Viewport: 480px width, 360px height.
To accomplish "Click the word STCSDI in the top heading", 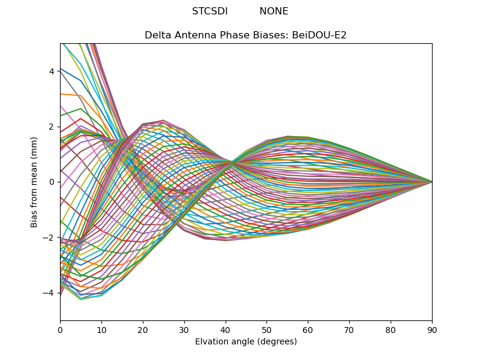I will coord(209,11).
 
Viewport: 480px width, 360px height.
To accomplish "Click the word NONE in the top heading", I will coord(274,11).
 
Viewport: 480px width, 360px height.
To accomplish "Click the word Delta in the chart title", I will coord(157,35).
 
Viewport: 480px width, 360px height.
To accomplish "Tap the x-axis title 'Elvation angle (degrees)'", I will coord(246,342).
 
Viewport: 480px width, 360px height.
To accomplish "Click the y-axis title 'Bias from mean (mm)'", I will coord(34,182).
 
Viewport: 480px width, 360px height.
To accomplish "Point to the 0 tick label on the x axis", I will coord(60,329).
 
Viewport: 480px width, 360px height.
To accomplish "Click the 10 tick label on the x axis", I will coord(101,329).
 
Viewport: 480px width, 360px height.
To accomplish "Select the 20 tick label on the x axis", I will coord(143,329).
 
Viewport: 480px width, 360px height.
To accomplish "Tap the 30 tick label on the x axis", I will coord(184,329).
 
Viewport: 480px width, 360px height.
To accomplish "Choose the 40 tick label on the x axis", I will coord(226,329).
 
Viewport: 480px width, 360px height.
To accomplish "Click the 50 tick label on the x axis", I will coord(266,329).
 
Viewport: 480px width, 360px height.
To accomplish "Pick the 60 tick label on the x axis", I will coord(308,329).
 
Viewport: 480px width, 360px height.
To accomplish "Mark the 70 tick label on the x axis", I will coord(349,329).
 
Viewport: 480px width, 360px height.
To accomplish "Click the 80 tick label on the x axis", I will coord(391,329).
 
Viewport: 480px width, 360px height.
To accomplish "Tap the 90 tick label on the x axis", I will coord(432,329).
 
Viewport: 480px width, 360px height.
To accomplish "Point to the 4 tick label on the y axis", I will coord(52,71).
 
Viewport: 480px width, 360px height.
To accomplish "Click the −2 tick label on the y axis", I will coord(49,238).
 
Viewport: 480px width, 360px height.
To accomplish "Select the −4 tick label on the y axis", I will coord(49,293).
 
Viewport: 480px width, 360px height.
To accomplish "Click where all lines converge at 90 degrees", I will coord(431,182).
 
